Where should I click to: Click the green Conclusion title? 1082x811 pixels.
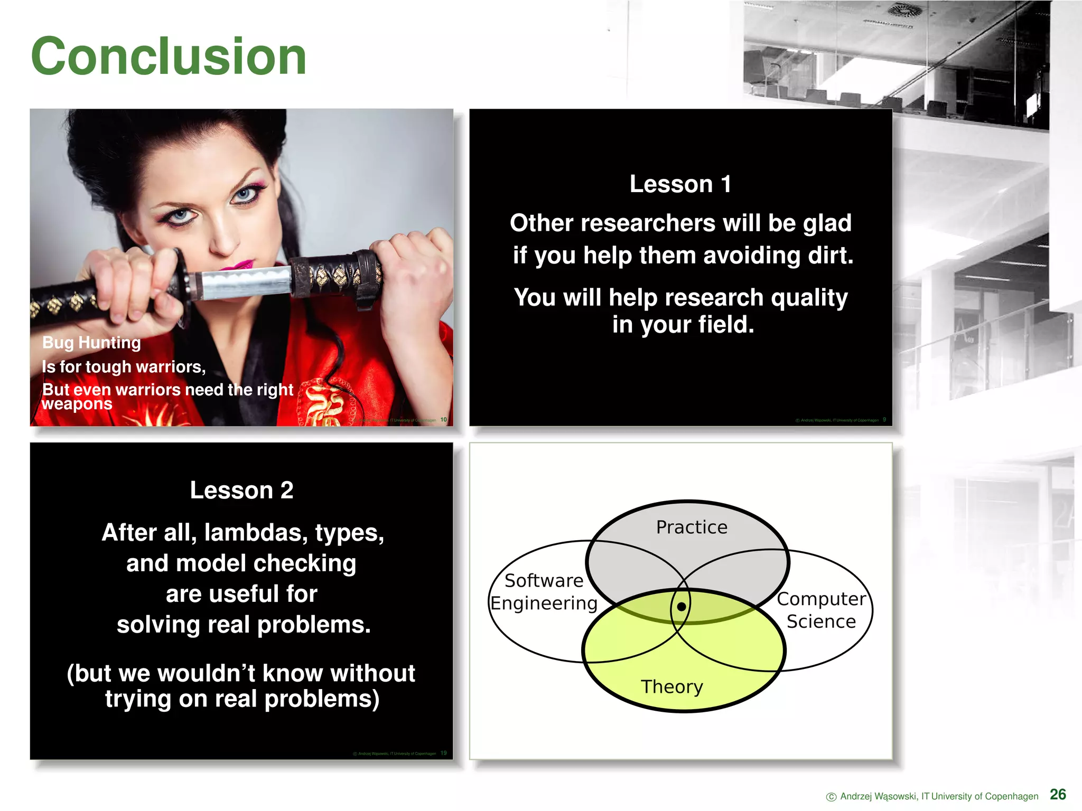[x=169, y=56]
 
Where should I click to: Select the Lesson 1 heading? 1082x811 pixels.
[x=680, y=184]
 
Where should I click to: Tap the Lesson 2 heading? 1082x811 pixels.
[x=241, y=491]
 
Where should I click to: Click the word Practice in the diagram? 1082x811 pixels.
[x=692, y=527]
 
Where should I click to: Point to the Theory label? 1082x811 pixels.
[x=671, y=686]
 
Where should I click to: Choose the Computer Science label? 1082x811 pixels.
[x=821, y=610]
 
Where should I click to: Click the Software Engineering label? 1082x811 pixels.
[x=544, y=592]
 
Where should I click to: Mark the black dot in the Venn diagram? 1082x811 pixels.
[x=682, y=607]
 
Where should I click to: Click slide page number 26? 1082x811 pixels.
[x=1058, y=795]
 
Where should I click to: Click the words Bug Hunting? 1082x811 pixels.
[x=91, y=343]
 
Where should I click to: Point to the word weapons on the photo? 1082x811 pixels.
[x=77, y=404]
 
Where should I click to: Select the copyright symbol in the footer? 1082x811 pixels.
[x=831, y=797]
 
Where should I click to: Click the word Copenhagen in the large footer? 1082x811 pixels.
[x=1011, y=796]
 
